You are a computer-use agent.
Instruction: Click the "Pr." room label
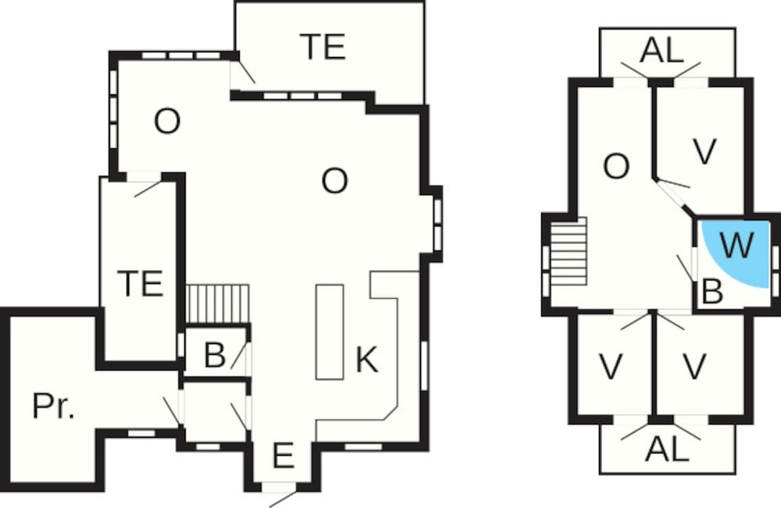click(x=54, y=406)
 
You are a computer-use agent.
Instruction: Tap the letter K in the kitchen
click(x=366, y=360)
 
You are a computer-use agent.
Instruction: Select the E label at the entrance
click(x=283, y=456)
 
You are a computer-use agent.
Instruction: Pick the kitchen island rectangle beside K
click(x=330, y=332)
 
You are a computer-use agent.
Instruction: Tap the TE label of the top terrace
click(x=323, y=48)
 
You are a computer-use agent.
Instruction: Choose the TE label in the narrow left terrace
click(x=141, y=282)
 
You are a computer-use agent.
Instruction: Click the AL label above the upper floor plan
click(x=662, y=51)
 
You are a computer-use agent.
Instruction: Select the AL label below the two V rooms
click(x=668, y=449)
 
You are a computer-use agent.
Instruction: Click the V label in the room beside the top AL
click(x=704, y=152)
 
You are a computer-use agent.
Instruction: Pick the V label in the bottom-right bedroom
click(x=694, y=365)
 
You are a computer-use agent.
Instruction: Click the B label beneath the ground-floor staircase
click(x=214, y=356)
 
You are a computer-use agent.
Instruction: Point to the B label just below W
click(x=712, y=292)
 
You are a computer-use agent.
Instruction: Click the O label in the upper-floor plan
click(x=616, y=166)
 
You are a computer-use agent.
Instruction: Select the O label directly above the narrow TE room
click(x=166, y=123)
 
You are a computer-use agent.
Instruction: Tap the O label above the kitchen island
click(x=334, y=182)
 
